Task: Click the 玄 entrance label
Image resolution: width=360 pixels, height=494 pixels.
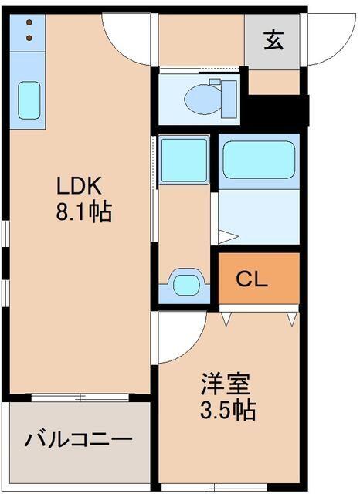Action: point(272,39)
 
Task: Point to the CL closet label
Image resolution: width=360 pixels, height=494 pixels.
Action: point(252,279)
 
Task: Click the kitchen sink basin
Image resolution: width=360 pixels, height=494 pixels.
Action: point(29,100)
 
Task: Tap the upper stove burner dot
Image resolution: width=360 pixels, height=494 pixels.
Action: point(29,23)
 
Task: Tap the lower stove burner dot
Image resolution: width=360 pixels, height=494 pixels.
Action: point(29,36)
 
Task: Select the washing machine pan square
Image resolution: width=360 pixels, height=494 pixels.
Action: point(184,161)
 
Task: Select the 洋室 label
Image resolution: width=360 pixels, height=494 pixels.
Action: point(226,384)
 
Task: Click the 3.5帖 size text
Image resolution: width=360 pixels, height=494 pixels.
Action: point(229,409)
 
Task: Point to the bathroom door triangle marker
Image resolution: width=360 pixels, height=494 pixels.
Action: point(225,236)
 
